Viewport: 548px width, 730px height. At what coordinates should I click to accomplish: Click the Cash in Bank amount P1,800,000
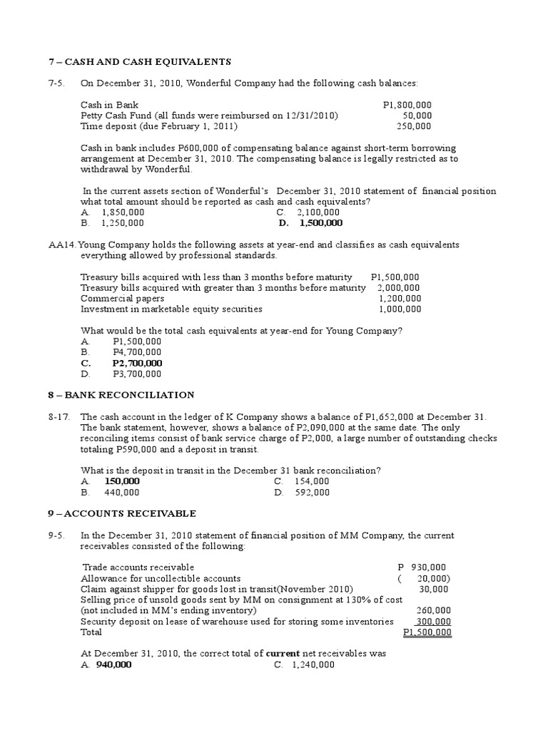point(407,105)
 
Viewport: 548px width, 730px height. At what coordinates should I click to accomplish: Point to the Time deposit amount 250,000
point(414,126)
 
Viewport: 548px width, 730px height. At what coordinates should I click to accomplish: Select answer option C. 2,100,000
point(308,212)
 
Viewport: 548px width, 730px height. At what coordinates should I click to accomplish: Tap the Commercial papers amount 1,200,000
point(400,299)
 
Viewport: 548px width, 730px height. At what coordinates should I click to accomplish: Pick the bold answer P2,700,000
point(137,363)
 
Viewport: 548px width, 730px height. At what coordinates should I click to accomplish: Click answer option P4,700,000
point(137,352)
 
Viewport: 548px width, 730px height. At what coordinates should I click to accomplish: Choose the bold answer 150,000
point(121,481)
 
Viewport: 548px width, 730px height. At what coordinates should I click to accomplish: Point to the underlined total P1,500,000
point(427,632)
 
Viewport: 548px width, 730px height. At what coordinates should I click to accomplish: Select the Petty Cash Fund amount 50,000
point(417,115)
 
